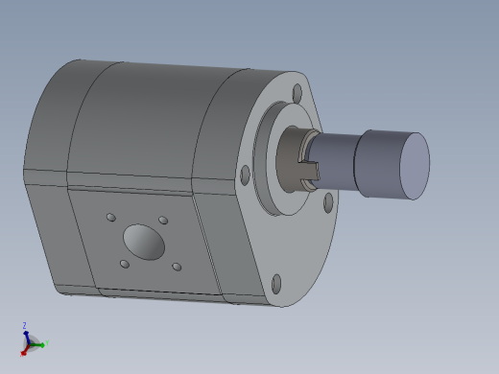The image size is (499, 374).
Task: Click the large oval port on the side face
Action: (143, 241)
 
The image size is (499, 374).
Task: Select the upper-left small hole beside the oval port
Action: (111, 217)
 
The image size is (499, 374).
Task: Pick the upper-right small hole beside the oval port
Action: (163, 221)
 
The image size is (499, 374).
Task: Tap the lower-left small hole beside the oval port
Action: (124, 264)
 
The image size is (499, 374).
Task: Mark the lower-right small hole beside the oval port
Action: (176, 268)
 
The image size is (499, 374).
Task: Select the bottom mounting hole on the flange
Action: (276, 283)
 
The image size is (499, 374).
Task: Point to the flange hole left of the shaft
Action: (246, 174)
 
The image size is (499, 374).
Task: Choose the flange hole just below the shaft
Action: (328, 201)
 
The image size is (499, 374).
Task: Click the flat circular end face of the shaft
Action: (414, 166)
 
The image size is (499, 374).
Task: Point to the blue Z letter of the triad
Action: (25, 325)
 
